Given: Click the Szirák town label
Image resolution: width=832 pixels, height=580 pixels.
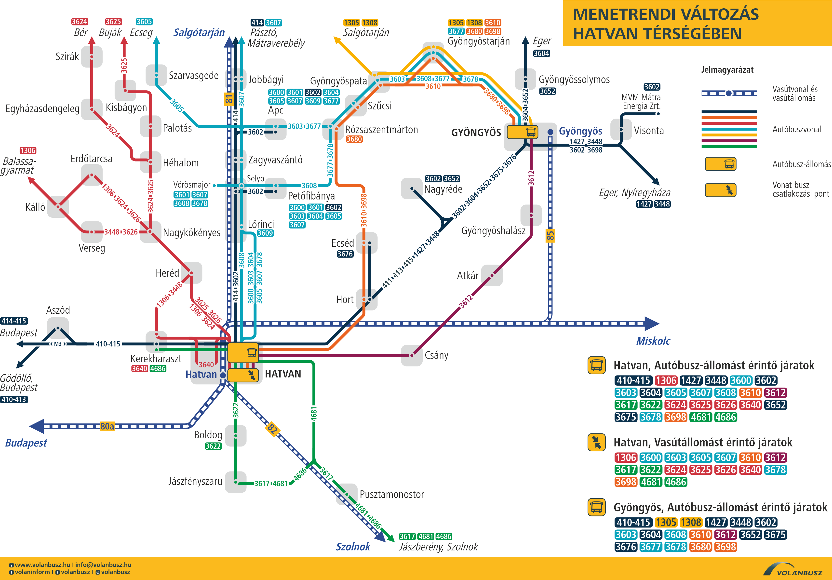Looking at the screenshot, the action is coord(67,56).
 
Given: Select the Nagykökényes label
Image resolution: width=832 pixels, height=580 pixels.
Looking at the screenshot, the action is coord(191,233).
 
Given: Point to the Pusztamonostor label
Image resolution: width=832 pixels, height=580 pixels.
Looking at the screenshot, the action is coord(392,494).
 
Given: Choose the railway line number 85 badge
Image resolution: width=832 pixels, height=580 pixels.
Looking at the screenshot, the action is coord(550,236).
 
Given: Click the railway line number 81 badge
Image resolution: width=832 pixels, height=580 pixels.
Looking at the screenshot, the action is coord(229,99).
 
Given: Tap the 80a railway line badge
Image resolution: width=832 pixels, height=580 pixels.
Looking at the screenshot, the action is coord(107,426).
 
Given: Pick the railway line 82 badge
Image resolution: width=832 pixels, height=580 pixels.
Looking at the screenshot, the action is coord(272,429).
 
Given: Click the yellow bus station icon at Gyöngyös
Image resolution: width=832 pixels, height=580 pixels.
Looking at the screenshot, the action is coord(522,132).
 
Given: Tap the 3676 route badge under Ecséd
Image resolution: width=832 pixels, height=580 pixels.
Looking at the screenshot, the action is coord(345,254).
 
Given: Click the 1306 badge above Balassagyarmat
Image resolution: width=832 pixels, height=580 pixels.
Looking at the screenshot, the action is coord(28,150).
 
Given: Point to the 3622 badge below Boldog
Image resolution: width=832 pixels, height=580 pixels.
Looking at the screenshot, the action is coord(213,446).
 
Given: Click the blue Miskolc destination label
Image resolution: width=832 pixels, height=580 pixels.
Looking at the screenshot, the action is coord(653,341).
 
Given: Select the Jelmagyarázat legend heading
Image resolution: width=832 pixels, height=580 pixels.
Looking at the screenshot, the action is coord(727,70).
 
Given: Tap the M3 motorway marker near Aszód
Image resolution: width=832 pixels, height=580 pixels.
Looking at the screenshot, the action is coord(58,344).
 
